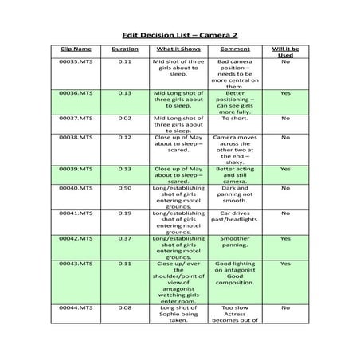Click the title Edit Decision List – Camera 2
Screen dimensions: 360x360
[x=179, y=35]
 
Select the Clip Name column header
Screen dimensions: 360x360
[x=76, y=49]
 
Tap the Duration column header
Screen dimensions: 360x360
[x=124, y=49]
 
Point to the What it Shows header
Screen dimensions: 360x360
[x=178, y=49]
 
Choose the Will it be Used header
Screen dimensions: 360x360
[x=285, y=53]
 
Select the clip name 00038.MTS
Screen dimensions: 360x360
[x=76, y=137]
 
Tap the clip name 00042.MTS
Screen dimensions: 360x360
[x=76, y=238]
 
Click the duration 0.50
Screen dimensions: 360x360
[x=124, y=188]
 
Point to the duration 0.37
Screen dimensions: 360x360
[x=124, y=238]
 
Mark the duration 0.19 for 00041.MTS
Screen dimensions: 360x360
[x=124, y=213]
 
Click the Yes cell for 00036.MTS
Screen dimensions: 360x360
[x=285, y=93]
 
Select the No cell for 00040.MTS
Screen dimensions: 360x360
[x=285, y=188]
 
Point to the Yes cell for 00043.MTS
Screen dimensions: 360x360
[x=285, y=264]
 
